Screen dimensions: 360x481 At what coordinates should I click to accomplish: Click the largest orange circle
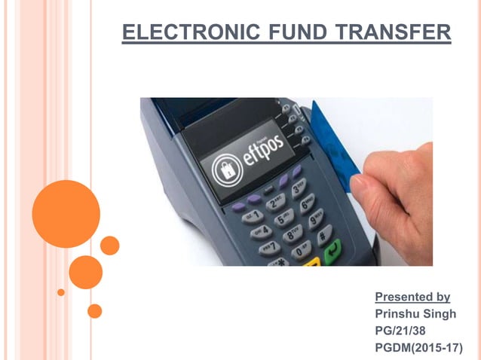[66, 213]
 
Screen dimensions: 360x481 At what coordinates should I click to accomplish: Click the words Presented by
[412, 297]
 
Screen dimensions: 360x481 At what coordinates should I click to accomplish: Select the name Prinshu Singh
[415, 314]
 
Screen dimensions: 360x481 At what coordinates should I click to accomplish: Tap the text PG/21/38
[403, 331]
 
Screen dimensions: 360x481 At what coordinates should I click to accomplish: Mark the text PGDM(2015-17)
[418, 347]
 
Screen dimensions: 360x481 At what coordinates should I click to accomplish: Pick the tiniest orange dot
[61, 292]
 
